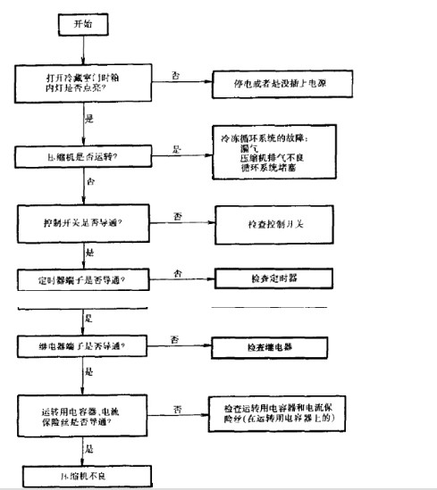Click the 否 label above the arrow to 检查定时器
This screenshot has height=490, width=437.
click(177, 272)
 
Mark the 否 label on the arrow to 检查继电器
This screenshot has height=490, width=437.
click(177, 336)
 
